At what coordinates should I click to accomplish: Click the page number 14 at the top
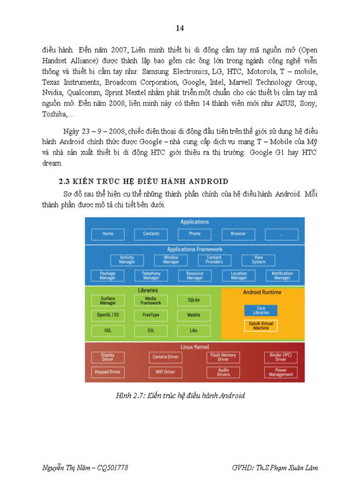coord(179,28)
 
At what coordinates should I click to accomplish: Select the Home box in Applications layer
coord(107,234)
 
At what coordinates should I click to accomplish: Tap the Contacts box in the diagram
coord(151,234)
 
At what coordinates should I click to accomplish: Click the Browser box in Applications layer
coord(238,234)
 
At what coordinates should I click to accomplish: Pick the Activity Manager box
coord(127,260)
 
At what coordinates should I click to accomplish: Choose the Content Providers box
coord(214,260)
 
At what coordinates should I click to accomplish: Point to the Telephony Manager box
coord(151,276)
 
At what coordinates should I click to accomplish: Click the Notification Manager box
coord(282,276)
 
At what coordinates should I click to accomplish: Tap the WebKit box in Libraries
coord(194,314)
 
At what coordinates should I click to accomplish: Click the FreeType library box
coord(151,314)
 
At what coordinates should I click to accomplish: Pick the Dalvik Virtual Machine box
coord(261,326)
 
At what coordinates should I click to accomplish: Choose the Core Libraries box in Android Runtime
coord(261,311)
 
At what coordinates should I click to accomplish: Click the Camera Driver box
coord(166,357)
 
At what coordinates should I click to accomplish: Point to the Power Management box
coord(281,372)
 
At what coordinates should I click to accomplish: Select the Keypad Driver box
coord(107,372)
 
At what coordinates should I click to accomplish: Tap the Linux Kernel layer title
coord(194,347)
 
